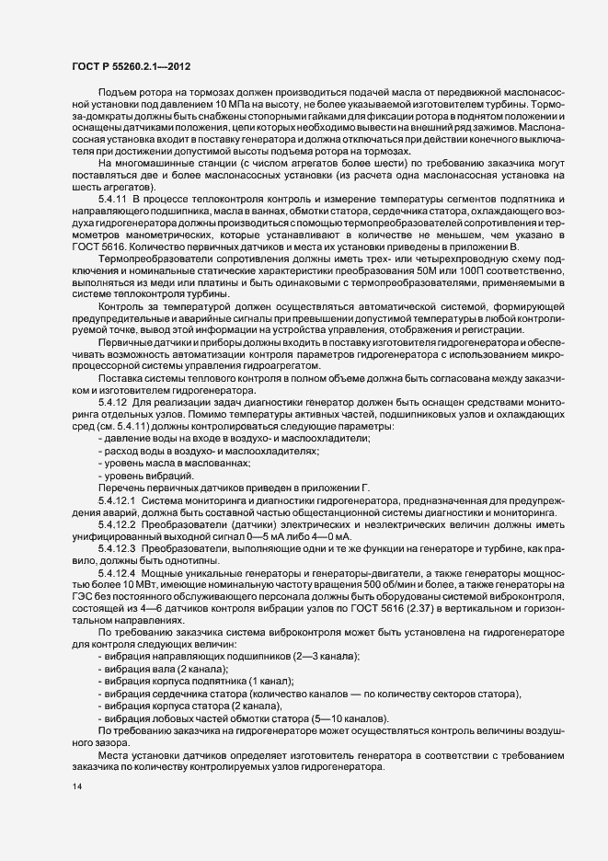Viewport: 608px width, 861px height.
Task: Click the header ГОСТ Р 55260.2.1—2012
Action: (x=132, y=66)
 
